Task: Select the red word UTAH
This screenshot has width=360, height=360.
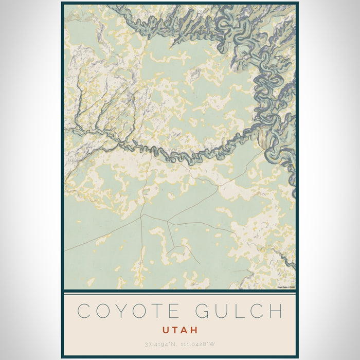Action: coord(180,330)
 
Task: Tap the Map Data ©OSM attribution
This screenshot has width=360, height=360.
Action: coord(286,287)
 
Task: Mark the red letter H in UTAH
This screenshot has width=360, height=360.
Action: coord(194,330)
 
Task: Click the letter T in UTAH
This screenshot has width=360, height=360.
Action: coord(176,330)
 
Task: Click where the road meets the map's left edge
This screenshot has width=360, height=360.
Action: coord(65,250)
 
